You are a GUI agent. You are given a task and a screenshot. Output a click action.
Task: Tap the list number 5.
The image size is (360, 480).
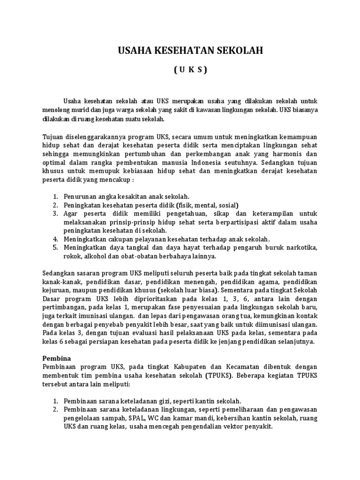[x=54, y=247]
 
